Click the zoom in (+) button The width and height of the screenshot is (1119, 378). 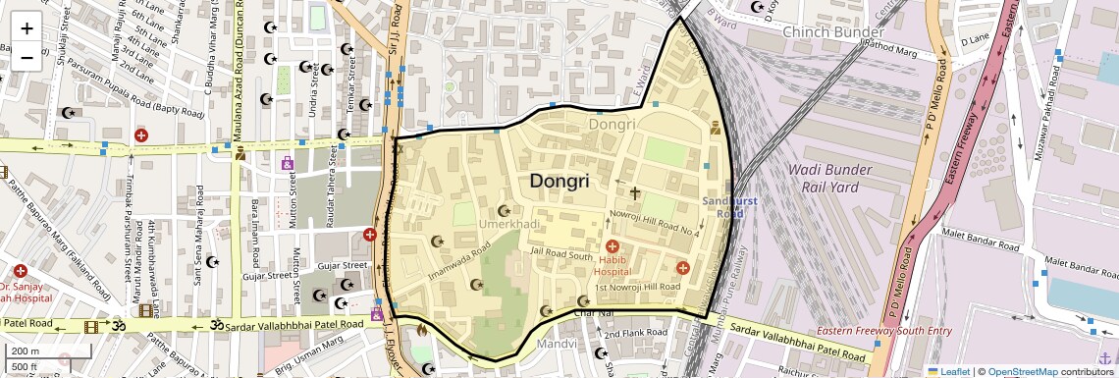tap(27, 27)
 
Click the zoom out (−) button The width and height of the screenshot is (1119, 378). tap(27, 57)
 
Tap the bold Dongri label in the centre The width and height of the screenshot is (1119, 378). tap(559, 182)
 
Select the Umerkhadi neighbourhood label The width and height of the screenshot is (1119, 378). tap(508, 225)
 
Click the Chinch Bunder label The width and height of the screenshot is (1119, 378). tap(832, 31)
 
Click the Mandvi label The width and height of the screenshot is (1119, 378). tap(556, 345)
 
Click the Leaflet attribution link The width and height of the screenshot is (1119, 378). tap(949, 371)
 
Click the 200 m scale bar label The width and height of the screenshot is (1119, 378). tap(27, 351)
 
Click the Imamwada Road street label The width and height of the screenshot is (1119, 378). tap(459, 264)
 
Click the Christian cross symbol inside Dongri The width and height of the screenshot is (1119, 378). tap(634, 193)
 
